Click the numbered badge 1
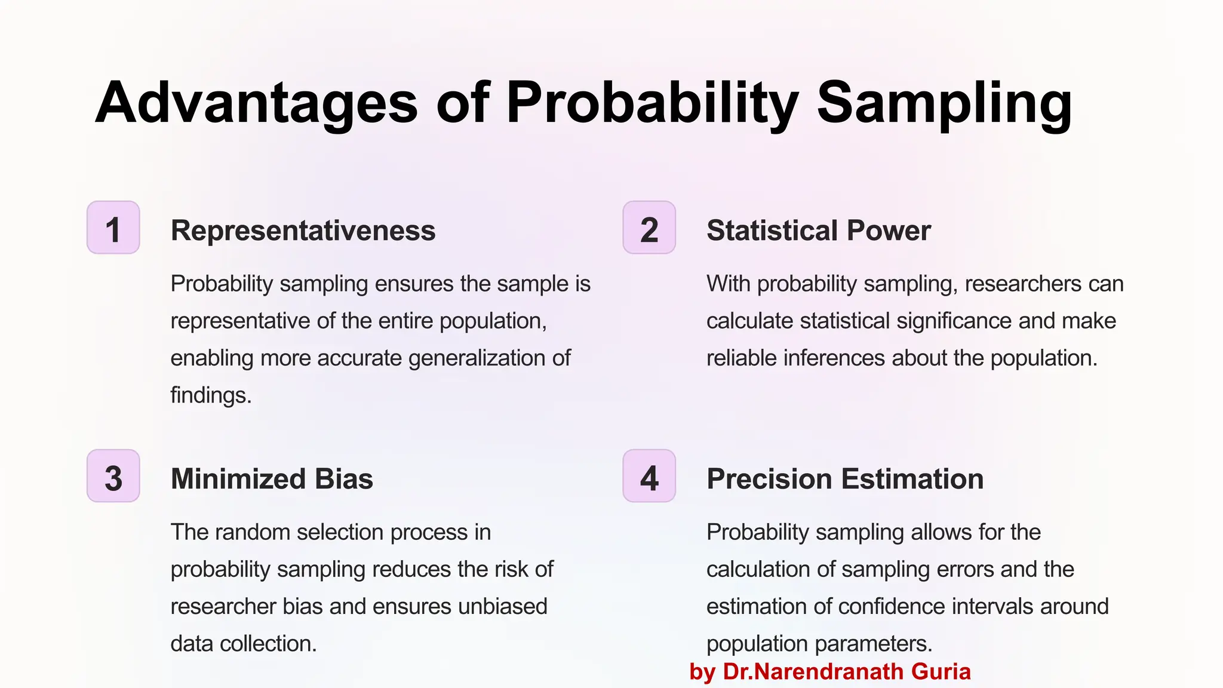[113, 228]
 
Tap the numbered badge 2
[649, 228]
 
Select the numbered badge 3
[113, 476]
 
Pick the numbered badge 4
[649, 476]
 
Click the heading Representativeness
[303, 231]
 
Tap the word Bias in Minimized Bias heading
[344, 479]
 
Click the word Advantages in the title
[256, 103]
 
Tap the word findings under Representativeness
[210, 395]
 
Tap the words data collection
[244, 644]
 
